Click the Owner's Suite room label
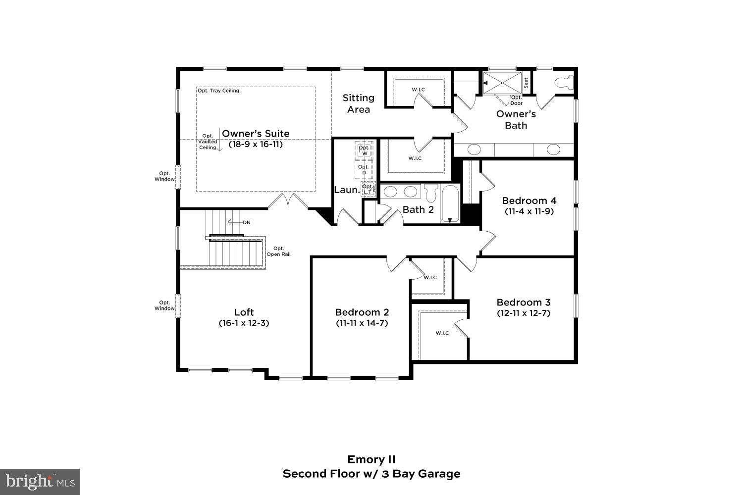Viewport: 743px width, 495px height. click(256, 134)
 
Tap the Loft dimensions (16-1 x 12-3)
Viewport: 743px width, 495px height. click(244, 323)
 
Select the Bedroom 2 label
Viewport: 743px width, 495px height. click(362, 312)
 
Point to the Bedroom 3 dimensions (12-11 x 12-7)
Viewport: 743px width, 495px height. click(524, 313)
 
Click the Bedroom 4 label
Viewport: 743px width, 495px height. click(529, 200)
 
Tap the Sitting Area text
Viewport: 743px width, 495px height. click(358, 103)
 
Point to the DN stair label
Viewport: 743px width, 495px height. click(246, 223)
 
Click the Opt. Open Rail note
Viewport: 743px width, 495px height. click(278, 251)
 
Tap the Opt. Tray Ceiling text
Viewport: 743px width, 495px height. click(218, 91)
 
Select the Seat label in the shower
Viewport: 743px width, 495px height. click(526, 83)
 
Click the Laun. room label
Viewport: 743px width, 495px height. click(346, 190)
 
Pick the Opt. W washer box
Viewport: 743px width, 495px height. click(365, 150)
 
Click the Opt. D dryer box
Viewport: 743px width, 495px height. click(364, 169)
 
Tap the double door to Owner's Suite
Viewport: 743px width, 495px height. click(289, 201)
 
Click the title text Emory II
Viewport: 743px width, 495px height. click(371, 460)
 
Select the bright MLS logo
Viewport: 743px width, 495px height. click(40, 482)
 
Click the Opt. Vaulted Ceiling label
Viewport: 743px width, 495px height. click(208, 142)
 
